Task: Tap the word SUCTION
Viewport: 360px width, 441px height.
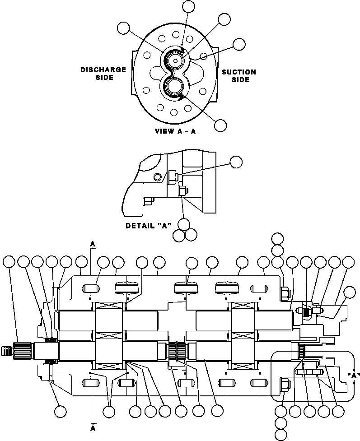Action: (x=238, y=72)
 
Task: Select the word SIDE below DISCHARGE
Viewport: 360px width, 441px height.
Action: (x=104, y=77)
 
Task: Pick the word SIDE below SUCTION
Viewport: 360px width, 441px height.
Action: (x=240, y=79)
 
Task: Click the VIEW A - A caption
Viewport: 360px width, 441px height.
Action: (x=177, y=131)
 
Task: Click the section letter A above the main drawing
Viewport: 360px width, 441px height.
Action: (x=93, y=244)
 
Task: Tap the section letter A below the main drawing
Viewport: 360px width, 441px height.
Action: (x=93, y=426)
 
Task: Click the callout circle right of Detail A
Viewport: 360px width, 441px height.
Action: (x=236, y=162)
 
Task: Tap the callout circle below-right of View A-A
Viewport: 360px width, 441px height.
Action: (x=220, y=125)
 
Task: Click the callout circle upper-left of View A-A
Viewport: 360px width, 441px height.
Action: (x=123, y=28)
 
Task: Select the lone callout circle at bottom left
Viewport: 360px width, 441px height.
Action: (x=60, y=411)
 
